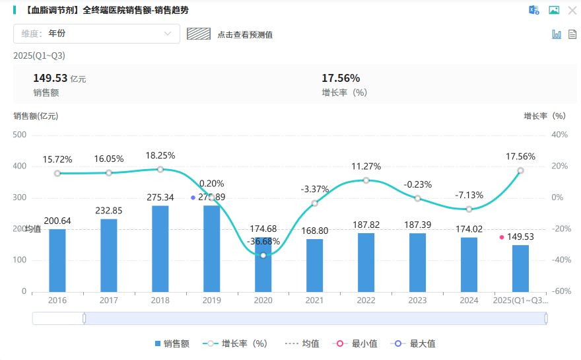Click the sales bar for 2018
(160, 248)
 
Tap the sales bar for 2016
(57, 260)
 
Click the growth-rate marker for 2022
(366, 180)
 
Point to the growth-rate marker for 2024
(469, 209)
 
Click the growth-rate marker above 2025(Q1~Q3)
(520, 170)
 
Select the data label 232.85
(109, 211)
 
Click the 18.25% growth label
(160, 155)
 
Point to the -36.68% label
(263, 241)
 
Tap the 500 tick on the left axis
(20, 135)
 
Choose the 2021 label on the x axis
(314, 300)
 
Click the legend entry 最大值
(415, 343)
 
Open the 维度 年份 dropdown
(96, 34)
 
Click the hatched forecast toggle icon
(199, 34)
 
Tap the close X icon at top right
(572, 10)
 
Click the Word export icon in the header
(534, 10)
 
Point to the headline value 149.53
(50, 79)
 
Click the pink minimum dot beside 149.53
(502, 237)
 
